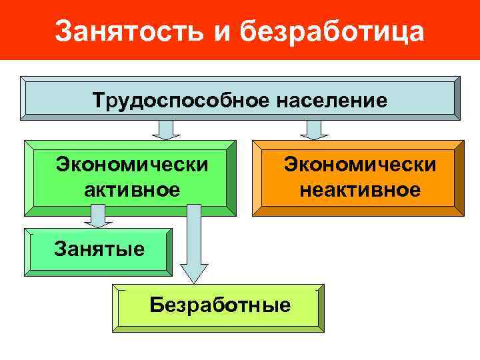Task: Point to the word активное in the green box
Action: [132, 191]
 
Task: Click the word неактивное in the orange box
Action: [360, 191]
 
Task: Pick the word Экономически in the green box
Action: [132, 163]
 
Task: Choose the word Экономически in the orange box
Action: [360, 163]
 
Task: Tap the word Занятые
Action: [99, 250]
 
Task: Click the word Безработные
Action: [220, 305]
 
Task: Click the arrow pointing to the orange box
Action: [311, 129]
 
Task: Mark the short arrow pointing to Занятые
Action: [97, 216]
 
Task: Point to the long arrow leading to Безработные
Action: [194, 247]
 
